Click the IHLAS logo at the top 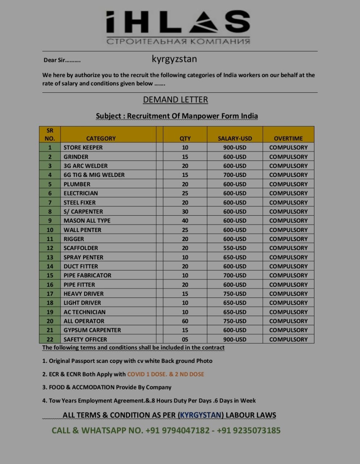[x=178, y=27]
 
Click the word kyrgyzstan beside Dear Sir [x=174, y=59]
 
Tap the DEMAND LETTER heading [x=175, y=100]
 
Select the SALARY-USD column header [x=235, y=138]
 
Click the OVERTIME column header [x=288, y=138]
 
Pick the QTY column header [x=185, y=138]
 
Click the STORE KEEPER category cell [x=83, y=148]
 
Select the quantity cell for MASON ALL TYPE [x=185, y=221]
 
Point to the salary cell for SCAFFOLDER [x=235, y=248]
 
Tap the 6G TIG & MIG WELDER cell [x=94, y=175]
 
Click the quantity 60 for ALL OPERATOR [x=185, y=321]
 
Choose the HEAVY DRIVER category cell [x=84, y=294]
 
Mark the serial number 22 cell [x=50, y=339]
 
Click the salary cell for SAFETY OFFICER [x=235, y=339]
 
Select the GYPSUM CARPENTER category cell [x=92, y=330]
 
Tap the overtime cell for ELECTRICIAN [x=288, y=193]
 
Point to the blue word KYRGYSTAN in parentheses [x=201, y=415]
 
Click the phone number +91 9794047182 [x=177, y=430]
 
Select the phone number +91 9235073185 [x=249, y=430]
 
